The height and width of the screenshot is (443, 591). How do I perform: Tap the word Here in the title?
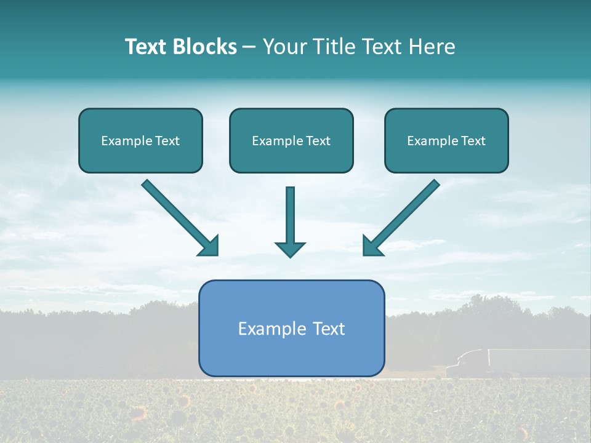click(x=433, y=47)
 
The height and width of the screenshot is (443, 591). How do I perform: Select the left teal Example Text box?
click(x=140, y=140)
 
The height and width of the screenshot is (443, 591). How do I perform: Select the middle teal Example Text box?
click(x=291, y=140)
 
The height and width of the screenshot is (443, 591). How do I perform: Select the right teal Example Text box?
click(x=446, y=140)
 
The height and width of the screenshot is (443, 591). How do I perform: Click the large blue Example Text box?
click(x=291, y=328)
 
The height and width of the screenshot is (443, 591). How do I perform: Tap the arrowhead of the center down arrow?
click(x=290, y=249)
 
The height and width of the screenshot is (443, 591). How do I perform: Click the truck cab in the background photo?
click(x=465, y=364)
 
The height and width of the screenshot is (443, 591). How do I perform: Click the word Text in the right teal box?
click(x=472, y=140)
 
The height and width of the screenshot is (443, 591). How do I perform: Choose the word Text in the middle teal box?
click(x=318, y=140)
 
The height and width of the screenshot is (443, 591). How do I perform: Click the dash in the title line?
click(x=249, y=47)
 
